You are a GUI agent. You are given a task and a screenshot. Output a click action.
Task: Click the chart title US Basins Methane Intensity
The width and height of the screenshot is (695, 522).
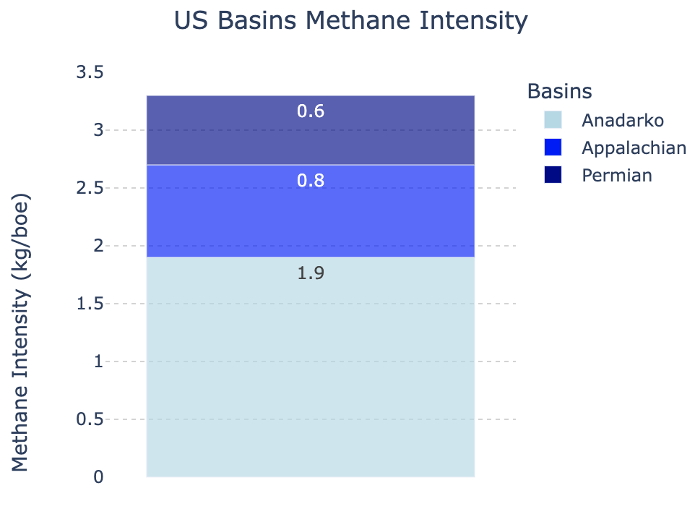(350, 21)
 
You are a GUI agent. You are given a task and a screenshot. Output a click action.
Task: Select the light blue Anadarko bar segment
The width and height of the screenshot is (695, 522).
(311, 367)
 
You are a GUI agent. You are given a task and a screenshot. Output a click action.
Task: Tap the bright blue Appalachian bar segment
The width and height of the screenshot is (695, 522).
(311, 211)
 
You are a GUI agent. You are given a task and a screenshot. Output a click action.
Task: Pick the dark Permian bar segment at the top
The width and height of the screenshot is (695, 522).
(311, 130)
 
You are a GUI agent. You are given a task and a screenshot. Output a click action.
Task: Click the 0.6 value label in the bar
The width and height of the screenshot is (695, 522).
(311, 111)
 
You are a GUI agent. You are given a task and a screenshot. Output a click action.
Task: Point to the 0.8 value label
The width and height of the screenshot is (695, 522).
(311, 181)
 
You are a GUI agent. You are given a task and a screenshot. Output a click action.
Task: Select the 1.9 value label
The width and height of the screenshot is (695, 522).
(311, 273)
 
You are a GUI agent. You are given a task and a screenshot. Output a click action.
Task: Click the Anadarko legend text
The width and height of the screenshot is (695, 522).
(623, 120)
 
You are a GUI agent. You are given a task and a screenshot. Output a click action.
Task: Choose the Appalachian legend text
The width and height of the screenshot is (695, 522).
(634, 148)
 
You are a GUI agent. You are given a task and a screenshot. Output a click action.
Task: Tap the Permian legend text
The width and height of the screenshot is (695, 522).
(617, 176)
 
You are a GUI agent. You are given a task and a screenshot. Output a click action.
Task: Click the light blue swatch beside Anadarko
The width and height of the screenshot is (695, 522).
(553, 120)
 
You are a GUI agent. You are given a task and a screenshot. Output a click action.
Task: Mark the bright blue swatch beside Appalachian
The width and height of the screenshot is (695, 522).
(553, 147)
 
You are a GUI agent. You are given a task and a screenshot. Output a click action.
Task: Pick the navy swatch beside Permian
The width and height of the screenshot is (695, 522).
(553, 175)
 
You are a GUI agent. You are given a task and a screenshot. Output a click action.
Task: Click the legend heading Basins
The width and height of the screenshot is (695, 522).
(559, 91)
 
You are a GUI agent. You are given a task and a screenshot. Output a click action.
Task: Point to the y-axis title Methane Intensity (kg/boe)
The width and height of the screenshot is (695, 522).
(20, 332)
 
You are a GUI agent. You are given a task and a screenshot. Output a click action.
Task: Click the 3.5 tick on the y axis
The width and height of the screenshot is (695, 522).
(90, 72)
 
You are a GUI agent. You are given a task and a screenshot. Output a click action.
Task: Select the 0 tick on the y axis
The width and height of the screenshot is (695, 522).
(98, 477)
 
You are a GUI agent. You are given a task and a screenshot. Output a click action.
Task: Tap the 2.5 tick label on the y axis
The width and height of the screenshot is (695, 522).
(90, 188)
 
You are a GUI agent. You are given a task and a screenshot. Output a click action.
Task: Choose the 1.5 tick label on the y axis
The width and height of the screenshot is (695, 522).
(90, 304)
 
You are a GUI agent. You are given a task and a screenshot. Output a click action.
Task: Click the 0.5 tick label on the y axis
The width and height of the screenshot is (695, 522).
(90, 419)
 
